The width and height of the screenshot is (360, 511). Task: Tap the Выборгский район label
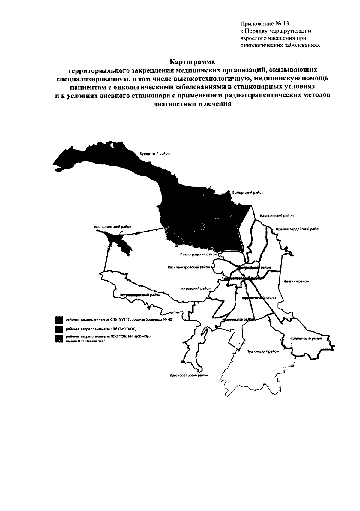pos(248,193)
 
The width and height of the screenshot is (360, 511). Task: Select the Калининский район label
pos(277,215)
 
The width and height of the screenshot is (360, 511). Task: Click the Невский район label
pos(296,281)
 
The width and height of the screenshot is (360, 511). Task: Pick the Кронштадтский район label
pos(112,227)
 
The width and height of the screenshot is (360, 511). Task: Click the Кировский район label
pos(196,288)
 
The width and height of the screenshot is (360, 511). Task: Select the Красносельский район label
pos(189,375)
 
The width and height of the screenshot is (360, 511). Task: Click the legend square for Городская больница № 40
pos(59,320)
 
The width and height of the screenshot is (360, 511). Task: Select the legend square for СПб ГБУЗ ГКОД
pos(59,329)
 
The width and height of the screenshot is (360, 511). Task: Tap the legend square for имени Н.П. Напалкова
pos(59,339)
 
